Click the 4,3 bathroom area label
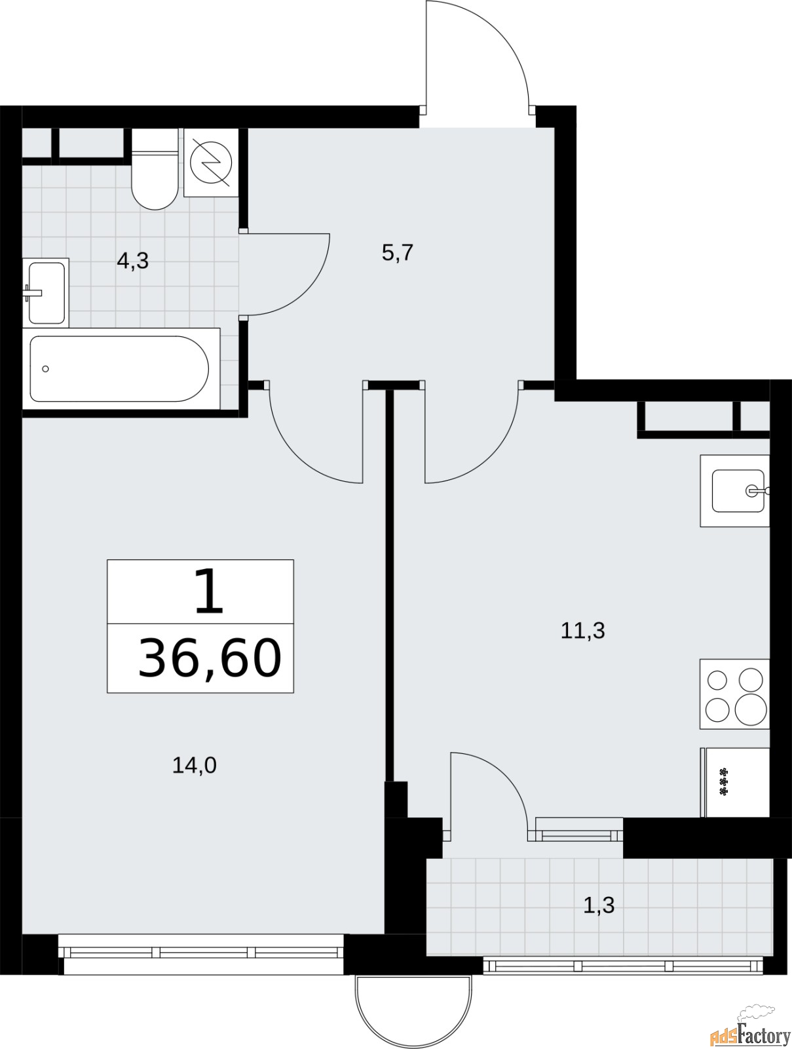click(133, 261)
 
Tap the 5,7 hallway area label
click(397, 253)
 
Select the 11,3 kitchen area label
click(582, 631)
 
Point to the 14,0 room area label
click(195, 765)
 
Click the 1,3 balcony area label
click(599, 905)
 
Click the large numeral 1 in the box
click(209, 591)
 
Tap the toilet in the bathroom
click(155, 168)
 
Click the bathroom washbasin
click(46, 293)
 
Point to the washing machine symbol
click(211, 163)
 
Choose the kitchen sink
click(735, 491)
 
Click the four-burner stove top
click(735, 694)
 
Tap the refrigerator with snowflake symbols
click(735, 782)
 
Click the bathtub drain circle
click(45, 369)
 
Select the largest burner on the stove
click(751, 709)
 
